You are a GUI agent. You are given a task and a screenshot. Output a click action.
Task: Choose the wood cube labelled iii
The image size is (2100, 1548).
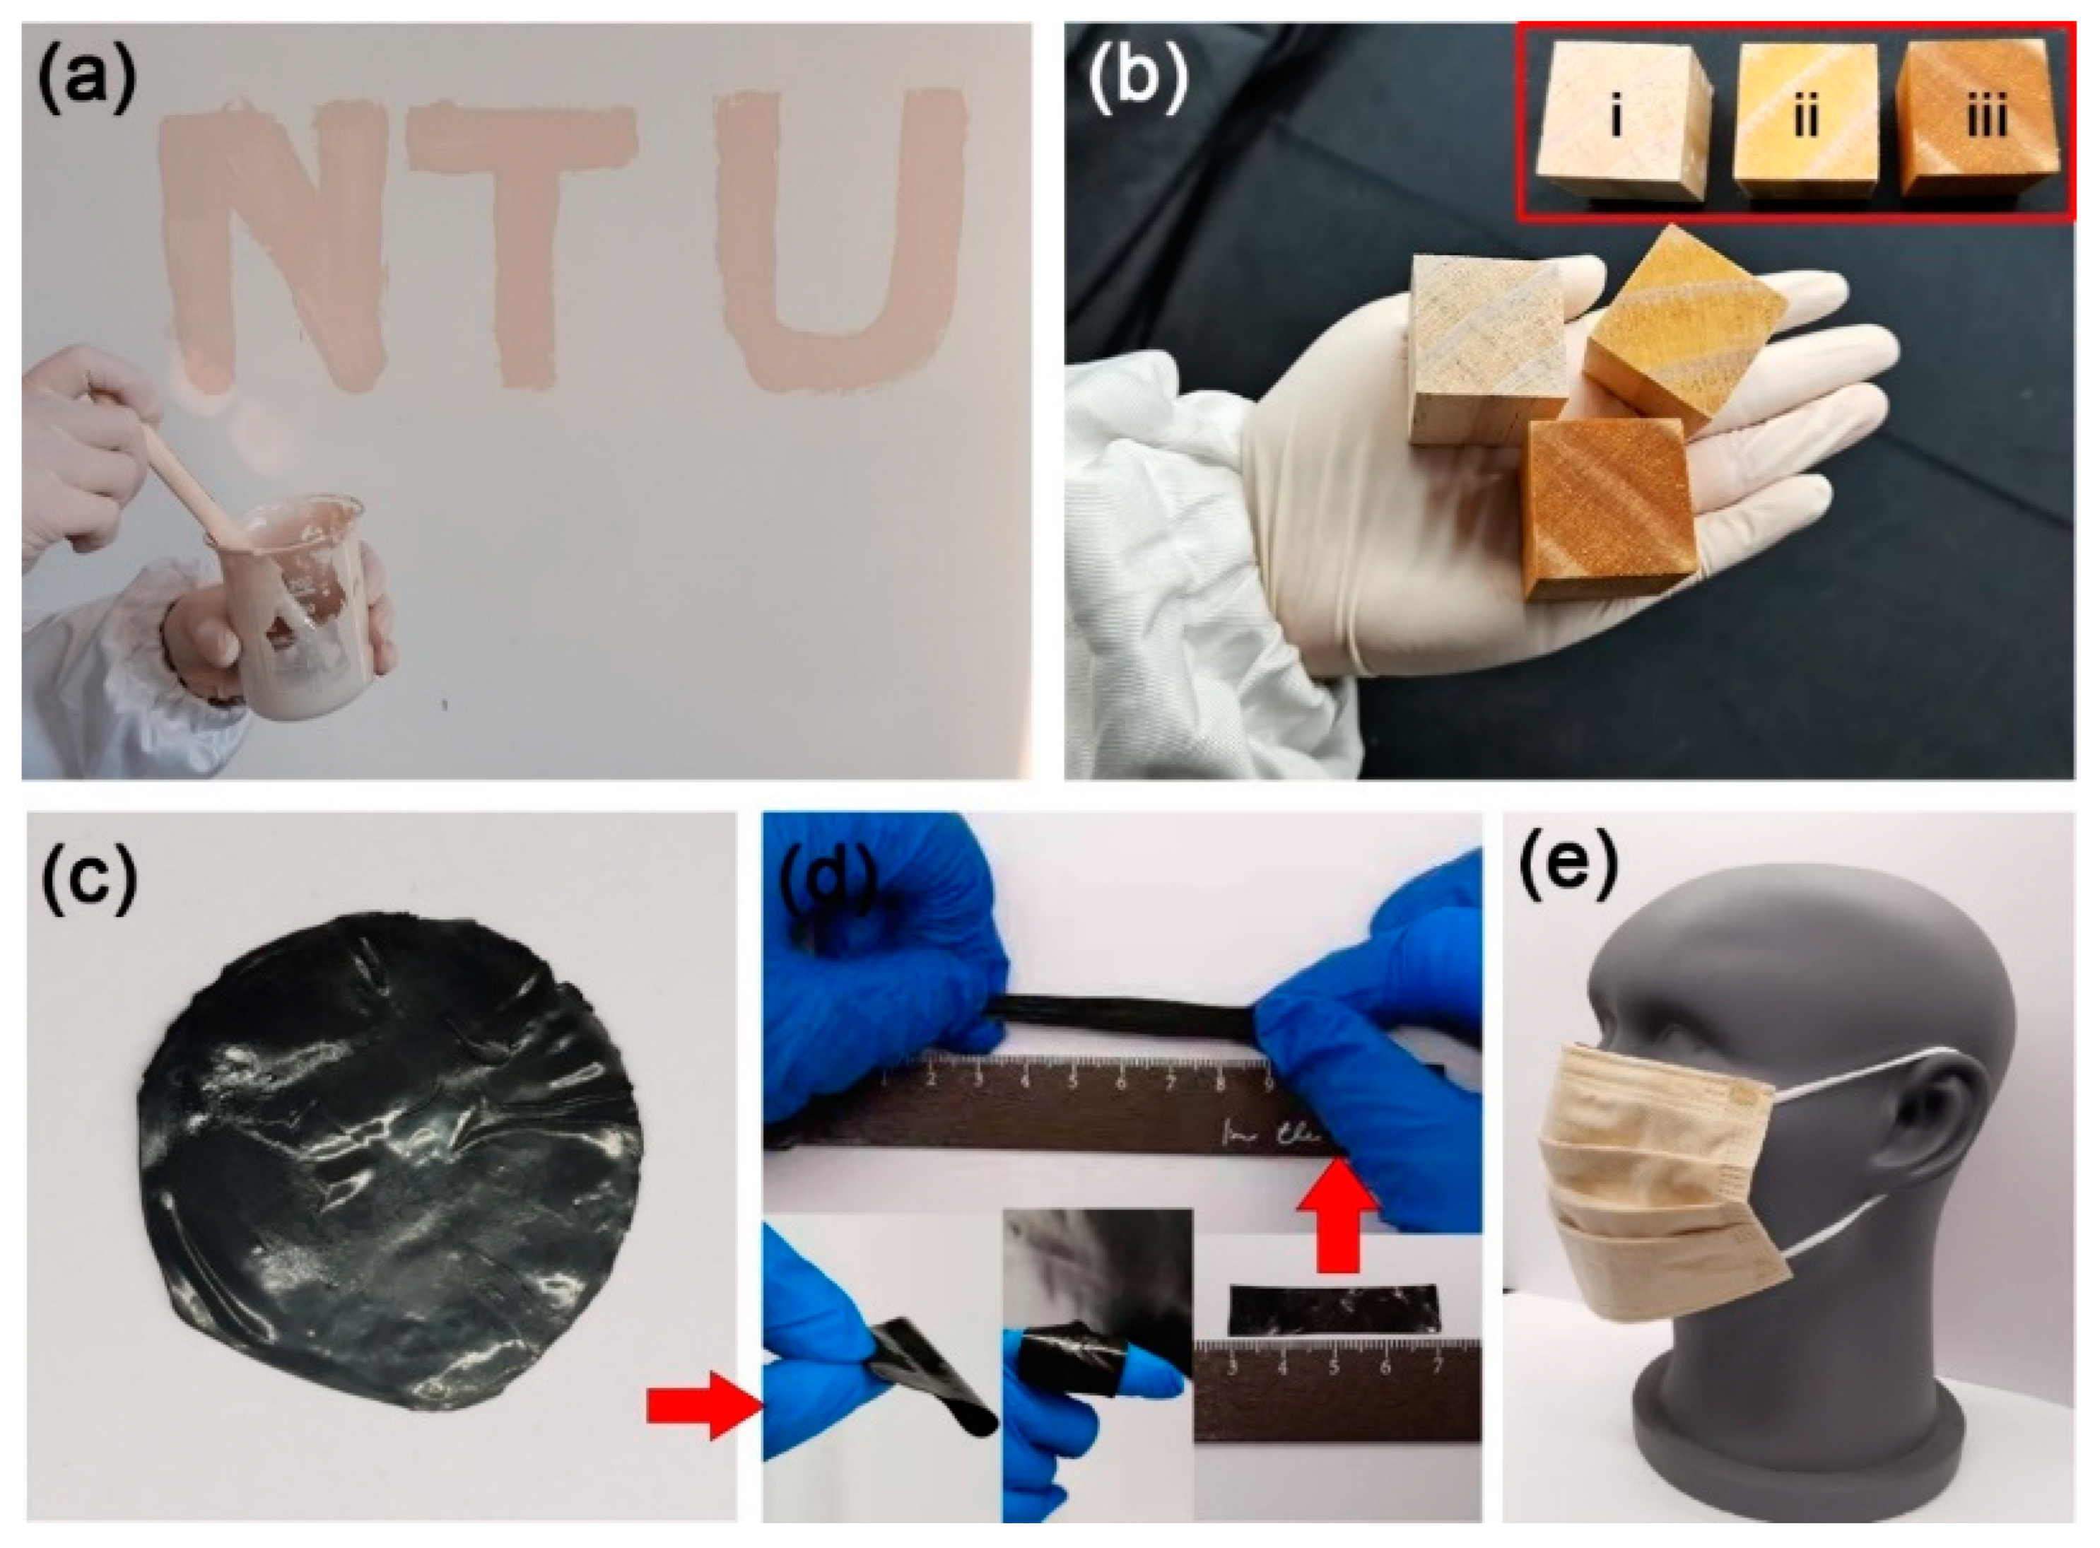pos(1982,122)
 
